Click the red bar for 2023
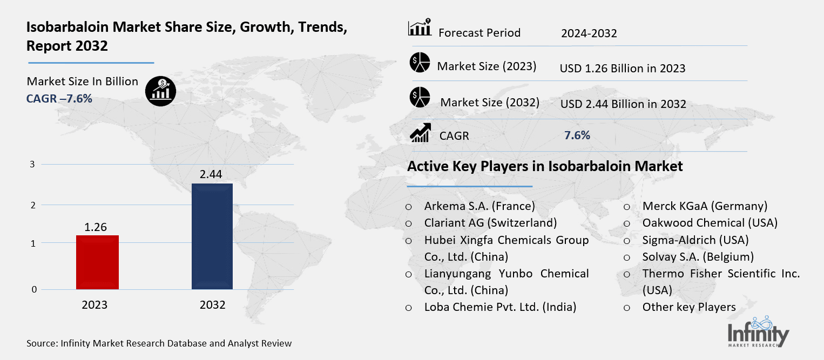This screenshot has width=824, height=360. pos(97,262)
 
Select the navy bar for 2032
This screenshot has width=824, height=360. pos(212,236)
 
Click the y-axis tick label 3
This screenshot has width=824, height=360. pos(33,164)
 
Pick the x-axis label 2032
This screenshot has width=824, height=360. pos(212,305)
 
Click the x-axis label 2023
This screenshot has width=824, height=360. pos(94,305)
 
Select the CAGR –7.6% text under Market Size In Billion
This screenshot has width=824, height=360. pos(59,98)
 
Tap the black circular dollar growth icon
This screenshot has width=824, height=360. pos(160,91)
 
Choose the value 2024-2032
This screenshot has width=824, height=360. pos(589,33)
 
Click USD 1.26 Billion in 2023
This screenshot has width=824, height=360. pos(622,69)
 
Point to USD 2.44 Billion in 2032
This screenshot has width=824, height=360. pos(623,104)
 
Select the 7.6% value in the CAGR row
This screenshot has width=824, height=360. pos(577,135)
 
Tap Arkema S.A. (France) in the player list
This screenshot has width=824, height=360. pos(479,206)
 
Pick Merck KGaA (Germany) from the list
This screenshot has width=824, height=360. pos(705,206)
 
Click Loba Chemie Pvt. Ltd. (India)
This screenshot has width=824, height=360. pos(500,307)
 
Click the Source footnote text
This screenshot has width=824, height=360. pos(159,343)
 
